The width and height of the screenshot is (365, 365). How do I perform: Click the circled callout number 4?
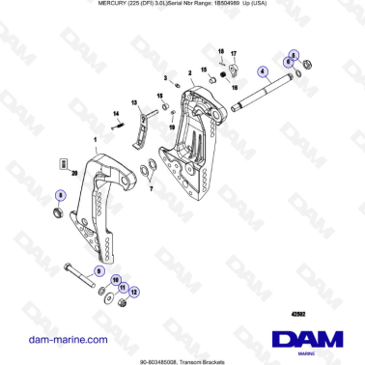coord(263,72)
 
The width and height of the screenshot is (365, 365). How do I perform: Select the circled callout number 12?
coord(134,290)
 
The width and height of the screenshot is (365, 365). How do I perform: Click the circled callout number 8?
coord(61,195)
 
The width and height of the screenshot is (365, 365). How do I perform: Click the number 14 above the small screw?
coord(118,115)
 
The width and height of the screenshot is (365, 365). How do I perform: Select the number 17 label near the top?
coord(233,55)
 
